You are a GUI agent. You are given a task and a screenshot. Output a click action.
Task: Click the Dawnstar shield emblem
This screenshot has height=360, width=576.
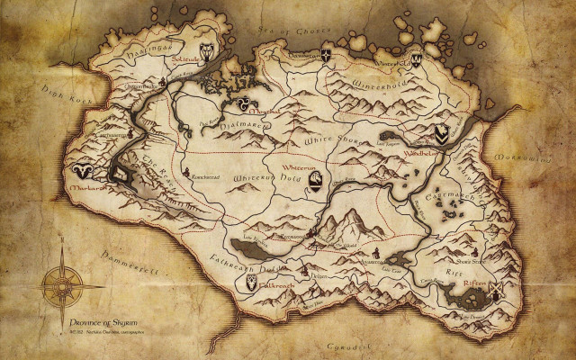point(326,56)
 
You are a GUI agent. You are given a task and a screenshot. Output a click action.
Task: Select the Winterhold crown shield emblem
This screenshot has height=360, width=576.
point(417,61)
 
